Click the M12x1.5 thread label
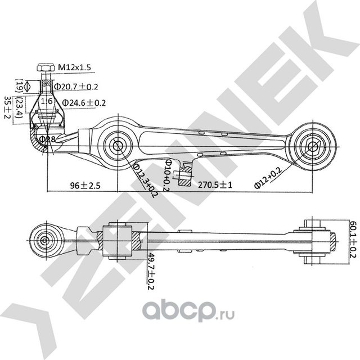point(74,67)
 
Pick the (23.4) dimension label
point(20,106)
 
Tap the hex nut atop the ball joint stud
point(47,69)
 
